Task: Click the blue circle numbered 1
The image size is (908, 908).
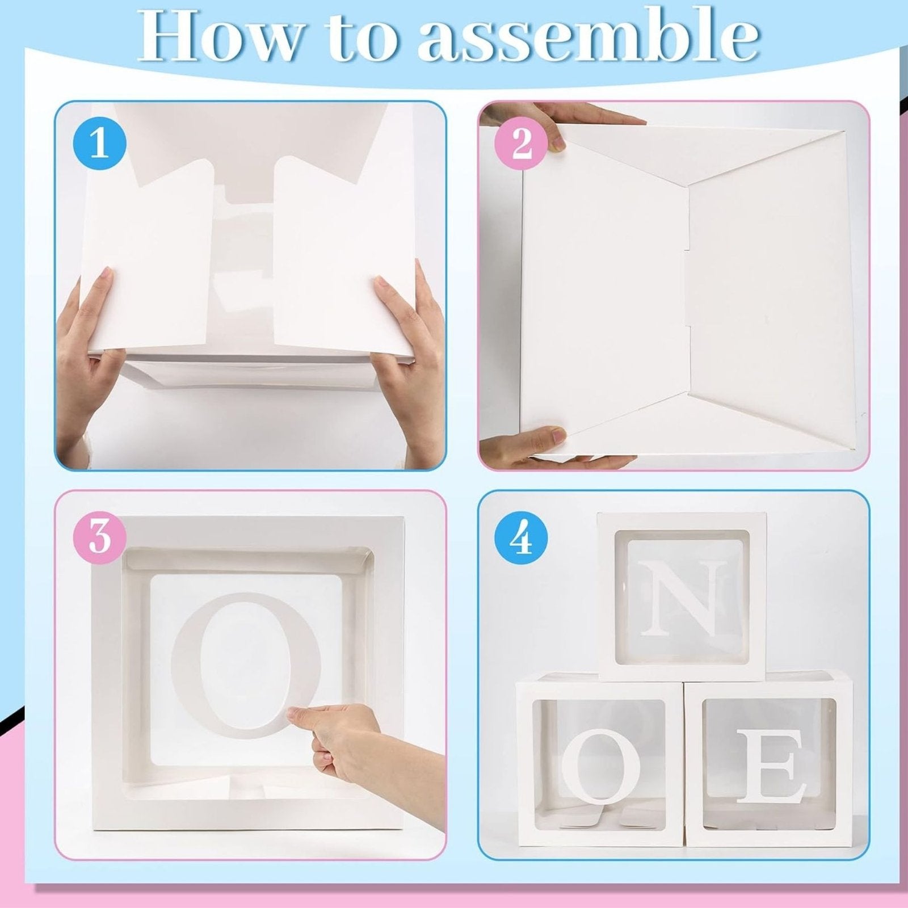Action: [100, 144]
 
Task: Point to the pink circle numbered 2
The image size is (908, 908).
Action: [521, 144]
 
